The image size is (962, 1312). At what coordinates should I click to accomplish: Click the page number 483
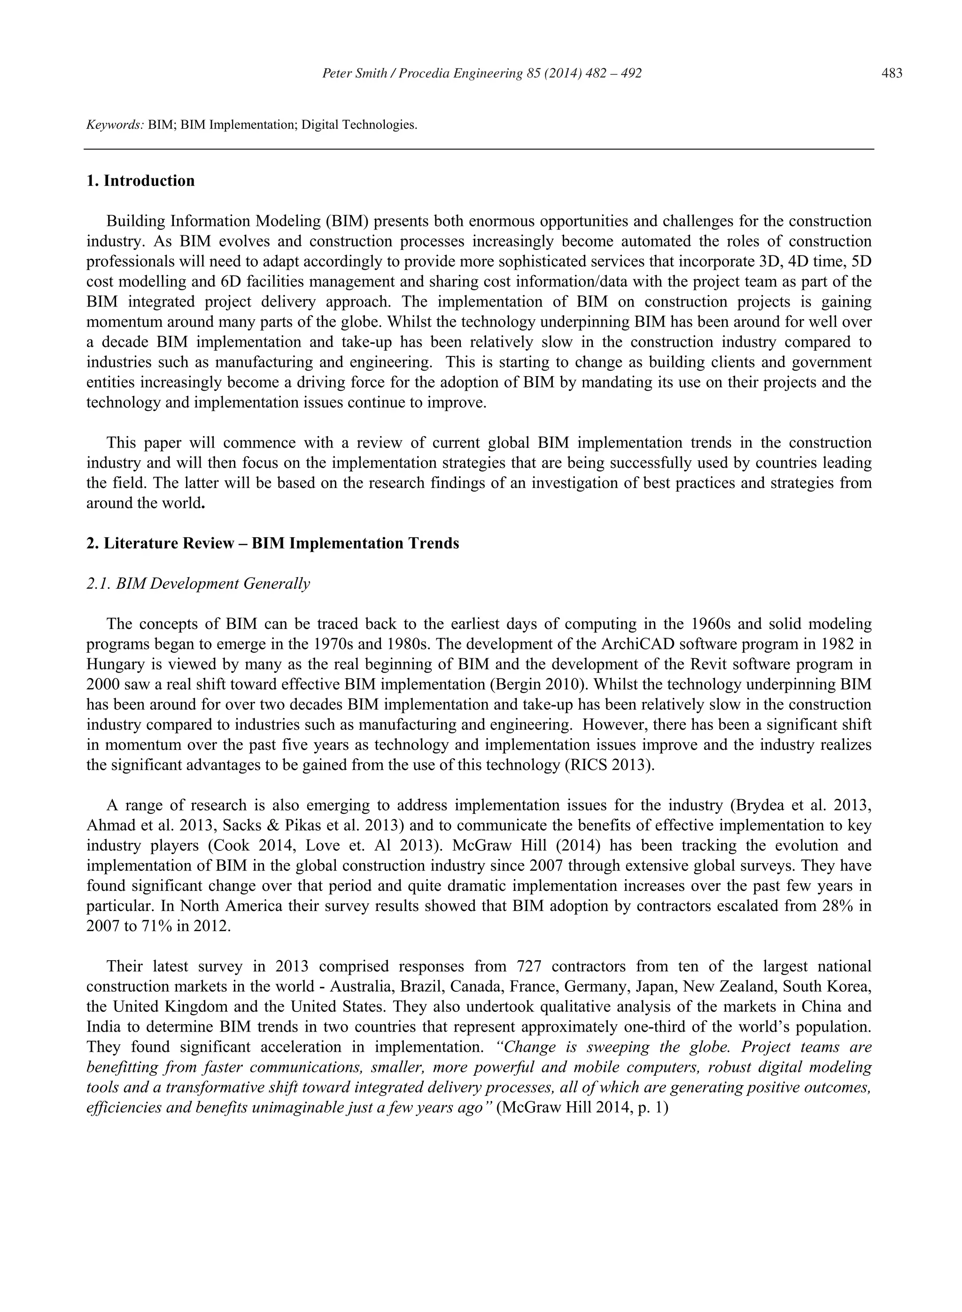click(892, 73)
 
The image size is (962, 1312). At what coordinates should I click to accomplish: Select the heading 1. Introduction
click(140, 181)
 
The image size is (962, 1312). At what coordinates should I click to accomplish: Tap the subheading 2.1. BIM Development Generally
click(198, 584)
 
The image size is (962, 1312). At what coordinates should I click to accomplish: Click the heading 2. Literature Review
click(272, 544)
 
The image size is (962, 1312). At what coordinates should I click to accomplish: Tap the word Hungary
click(114, 664)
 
